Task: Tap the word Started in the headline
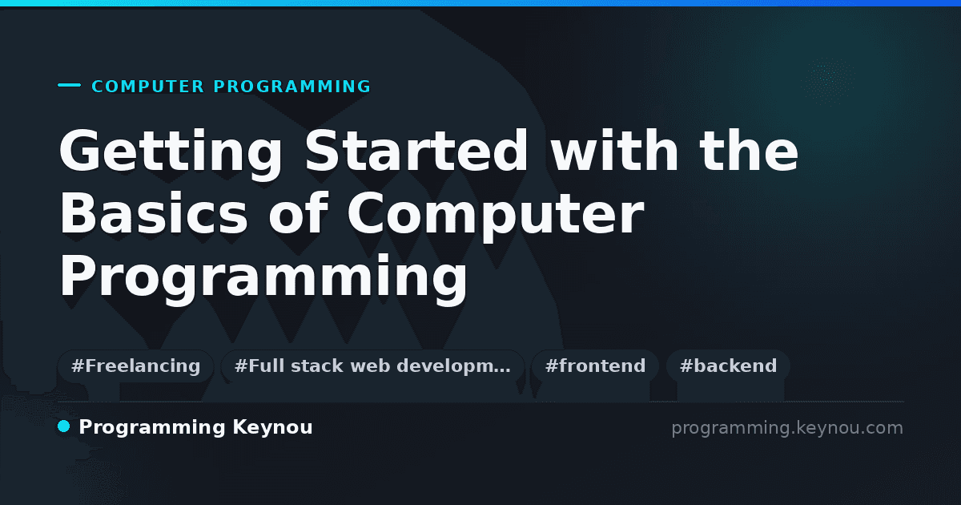[x=416, y=150]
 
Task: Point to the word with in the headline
[x=614, y=150]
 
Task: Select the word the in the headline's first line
[x=749, y=150]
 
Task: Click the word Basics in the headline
[x=154, y=212]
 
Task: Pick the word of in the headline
[x=299, y=212]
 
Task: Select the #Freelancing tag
[x=135, y=366]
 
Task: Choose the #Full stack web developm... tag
[x=372, y=366]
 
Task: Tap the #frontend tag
[x=595, y=366]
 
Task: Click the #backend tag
[x=728, y=366]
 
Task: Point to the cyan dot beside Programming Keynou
[x=64, y=426]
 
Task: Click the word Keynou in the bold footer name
[x=272, y=428]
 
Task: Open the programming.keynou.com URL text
[x=787, y=429]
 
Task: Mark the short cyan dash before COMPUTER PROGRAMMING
[x=69, y=85]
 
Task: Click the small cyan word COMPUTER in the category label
[x=148, y=87]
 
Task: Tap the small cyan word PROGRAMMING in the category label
[x=292, y=87]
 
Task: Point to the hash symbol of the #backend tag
[x=686, y=366]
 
